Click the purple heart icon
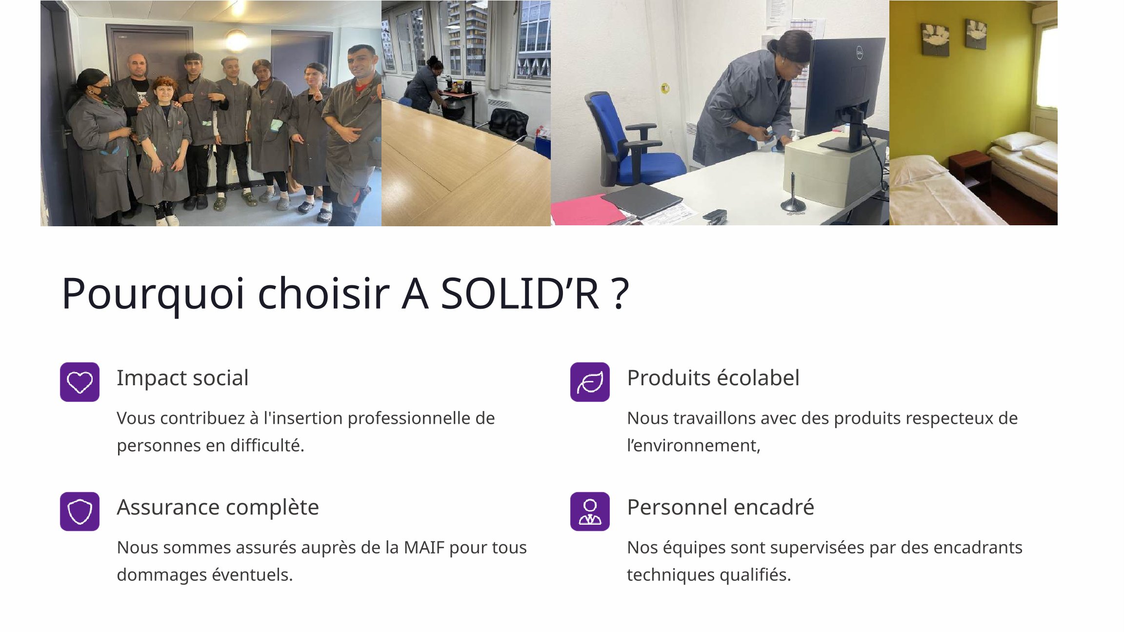(80, 382)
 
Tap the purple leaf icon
(590, 382)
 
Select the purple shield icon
(80, 512)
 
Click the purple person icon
(590, 512)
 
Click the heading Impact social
(182, 378)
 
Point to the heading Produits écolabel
(713, 378)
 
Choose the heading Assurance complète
(218, 508)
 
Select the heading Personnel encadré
(721, 507)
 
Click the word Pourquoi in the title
(153, 294)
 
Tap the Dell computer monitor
(845, 92)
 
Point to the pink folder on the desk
(588, 210)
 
